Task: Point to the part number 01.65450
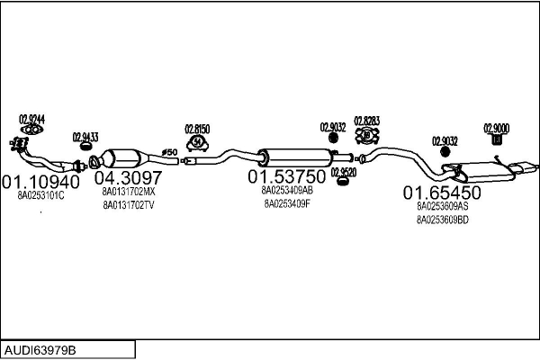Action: [442, 192]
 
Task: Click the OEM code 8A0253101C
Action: [40, 195]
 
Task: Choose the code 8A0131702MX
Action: [128, 191]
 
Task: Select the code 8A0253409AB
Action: [286, 190]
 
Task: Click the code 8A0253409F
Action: [286, 203]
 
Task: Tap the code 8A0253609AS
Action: [442, 206]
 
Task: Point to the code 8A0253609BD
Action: [442, 220]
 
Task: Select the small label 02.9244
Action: [31, 118]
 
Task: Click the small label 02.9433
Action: [85, 138]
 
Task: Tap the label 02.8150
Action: [197, 129]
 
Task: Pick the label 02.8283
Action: [366, 120]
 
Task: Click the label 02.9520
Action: [343, 171]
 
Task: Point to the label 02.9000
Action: [496, 127]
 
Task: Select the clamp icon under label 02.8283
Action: [367, 136]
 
